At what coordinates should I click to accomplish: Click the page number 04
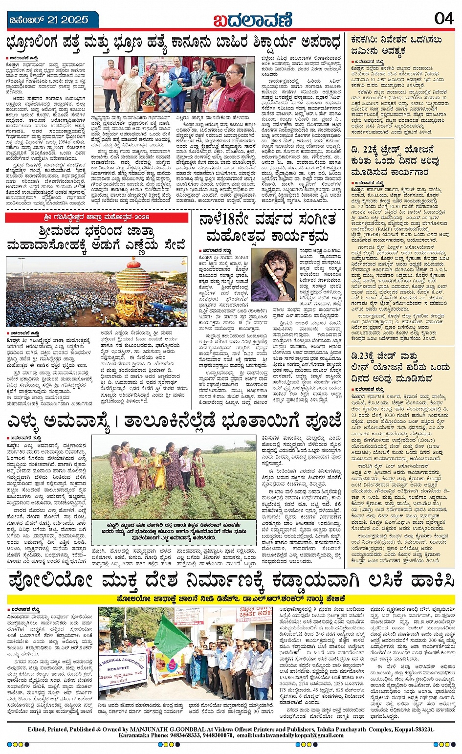click(444, 19)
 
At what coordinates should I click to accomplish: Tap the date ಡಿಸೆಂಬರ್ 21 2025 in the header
click(49, 20)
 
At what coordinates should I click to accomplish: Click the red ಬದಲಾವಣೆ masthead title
click(252, 20)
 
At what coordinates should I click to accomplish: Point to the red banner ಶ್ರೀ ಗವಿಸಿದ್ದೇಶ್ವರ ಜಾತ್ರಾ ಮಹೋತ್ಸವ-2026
click(96, 217)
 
